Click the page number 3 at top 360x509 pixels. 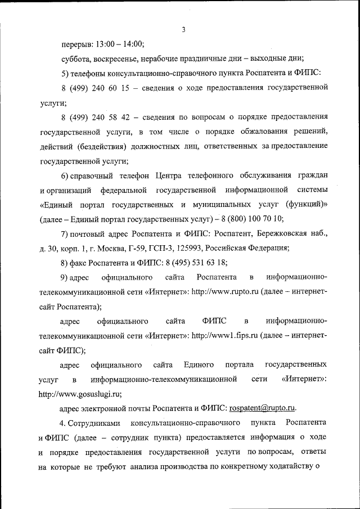coord(183,30)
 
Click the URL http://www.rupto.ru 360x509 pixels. coord(224,292)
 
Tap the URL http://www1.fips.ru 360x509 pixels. coord(225,336)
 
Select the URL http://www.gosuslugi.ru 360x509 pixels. coord(80,394)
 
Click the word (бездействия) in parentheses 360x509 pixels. coord(103,146)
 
